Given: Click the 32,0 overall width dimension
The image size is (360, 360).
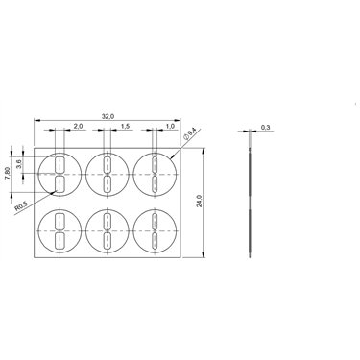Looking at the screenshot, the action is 108,116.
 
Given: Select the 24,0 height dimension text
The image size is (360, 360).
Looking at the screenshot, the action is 199,201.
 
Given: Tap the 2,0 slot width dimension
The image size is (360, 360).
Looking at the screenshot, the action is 78,126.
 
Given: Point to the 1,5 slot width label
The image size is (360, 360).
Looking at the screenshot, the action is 125,126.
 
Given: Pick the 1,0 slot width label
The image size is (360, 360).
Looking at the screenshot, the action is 170,126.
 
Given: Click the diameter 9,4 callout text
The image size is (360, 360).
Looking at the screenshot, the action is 189,133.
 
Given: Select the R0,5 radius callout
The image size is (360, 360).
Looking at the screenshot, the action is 22,206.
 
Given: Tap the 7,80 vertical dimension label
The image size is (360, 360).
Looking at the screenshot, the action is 10,175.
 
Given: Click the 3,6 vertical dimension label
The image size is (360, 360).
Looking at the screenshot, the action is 19,164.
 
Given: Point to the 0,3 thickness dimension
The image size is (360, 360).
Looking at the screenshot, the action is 266,128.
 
